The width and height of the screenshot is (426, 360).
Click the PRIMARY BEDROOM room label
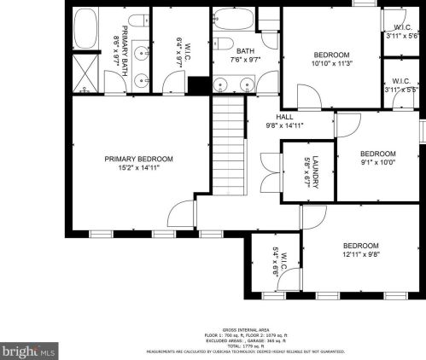pyautogui.click(x=138, y=159)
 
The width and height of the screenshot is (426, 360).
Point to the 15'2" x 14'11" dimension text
pyautogui.click(x=138, y=168)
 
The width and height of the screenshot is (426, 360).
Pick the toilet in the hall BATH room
pyautogui.click(x=225, y=43)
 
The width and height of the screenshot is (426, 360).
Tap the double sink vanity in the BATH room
pyautogui.click(x=235, y=84)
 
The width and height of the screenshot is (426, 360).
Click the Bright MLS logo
pyautogui.click(x=29, y=350)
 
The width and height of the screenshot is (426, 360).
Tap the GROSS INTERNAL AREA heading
pyautogui.click(x=245, y=329)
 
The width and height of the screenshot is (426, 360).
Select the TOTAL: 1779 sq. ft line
pyautogui.click(x=245, y=345)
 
